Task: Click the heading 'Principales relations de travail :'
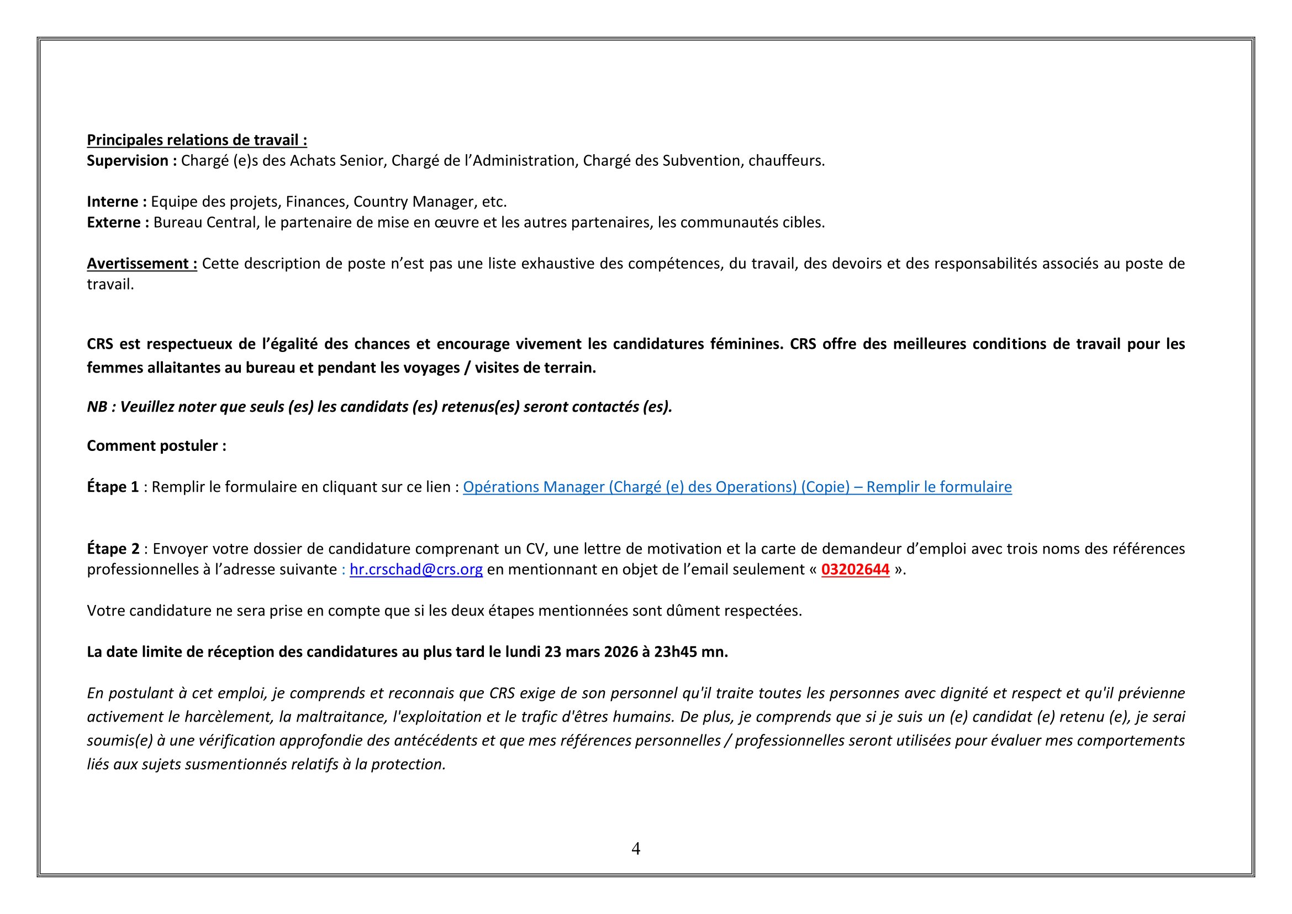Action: (197, 140)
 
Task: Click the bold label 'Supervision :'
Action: (131, 161)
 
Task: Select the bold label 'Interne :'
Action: (117, 202)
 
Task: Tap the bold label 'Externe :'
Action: (118, 222)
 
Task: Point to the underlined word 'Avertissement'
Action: (138, 264)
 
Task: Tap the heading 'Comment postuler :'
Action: (156, 446)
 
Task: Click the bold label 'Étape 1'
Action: (113, 487)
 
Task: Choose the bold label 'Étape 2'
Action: (113, 549)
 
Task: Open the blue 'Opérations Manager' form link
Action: (737, 487)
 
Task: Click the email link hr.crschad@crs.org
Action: (416, 570)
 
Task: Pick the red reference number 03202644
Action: (855, 570)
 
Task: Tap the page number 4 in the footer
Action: (636, 849)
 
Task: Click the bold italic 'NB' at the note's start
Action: (97, 407)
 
